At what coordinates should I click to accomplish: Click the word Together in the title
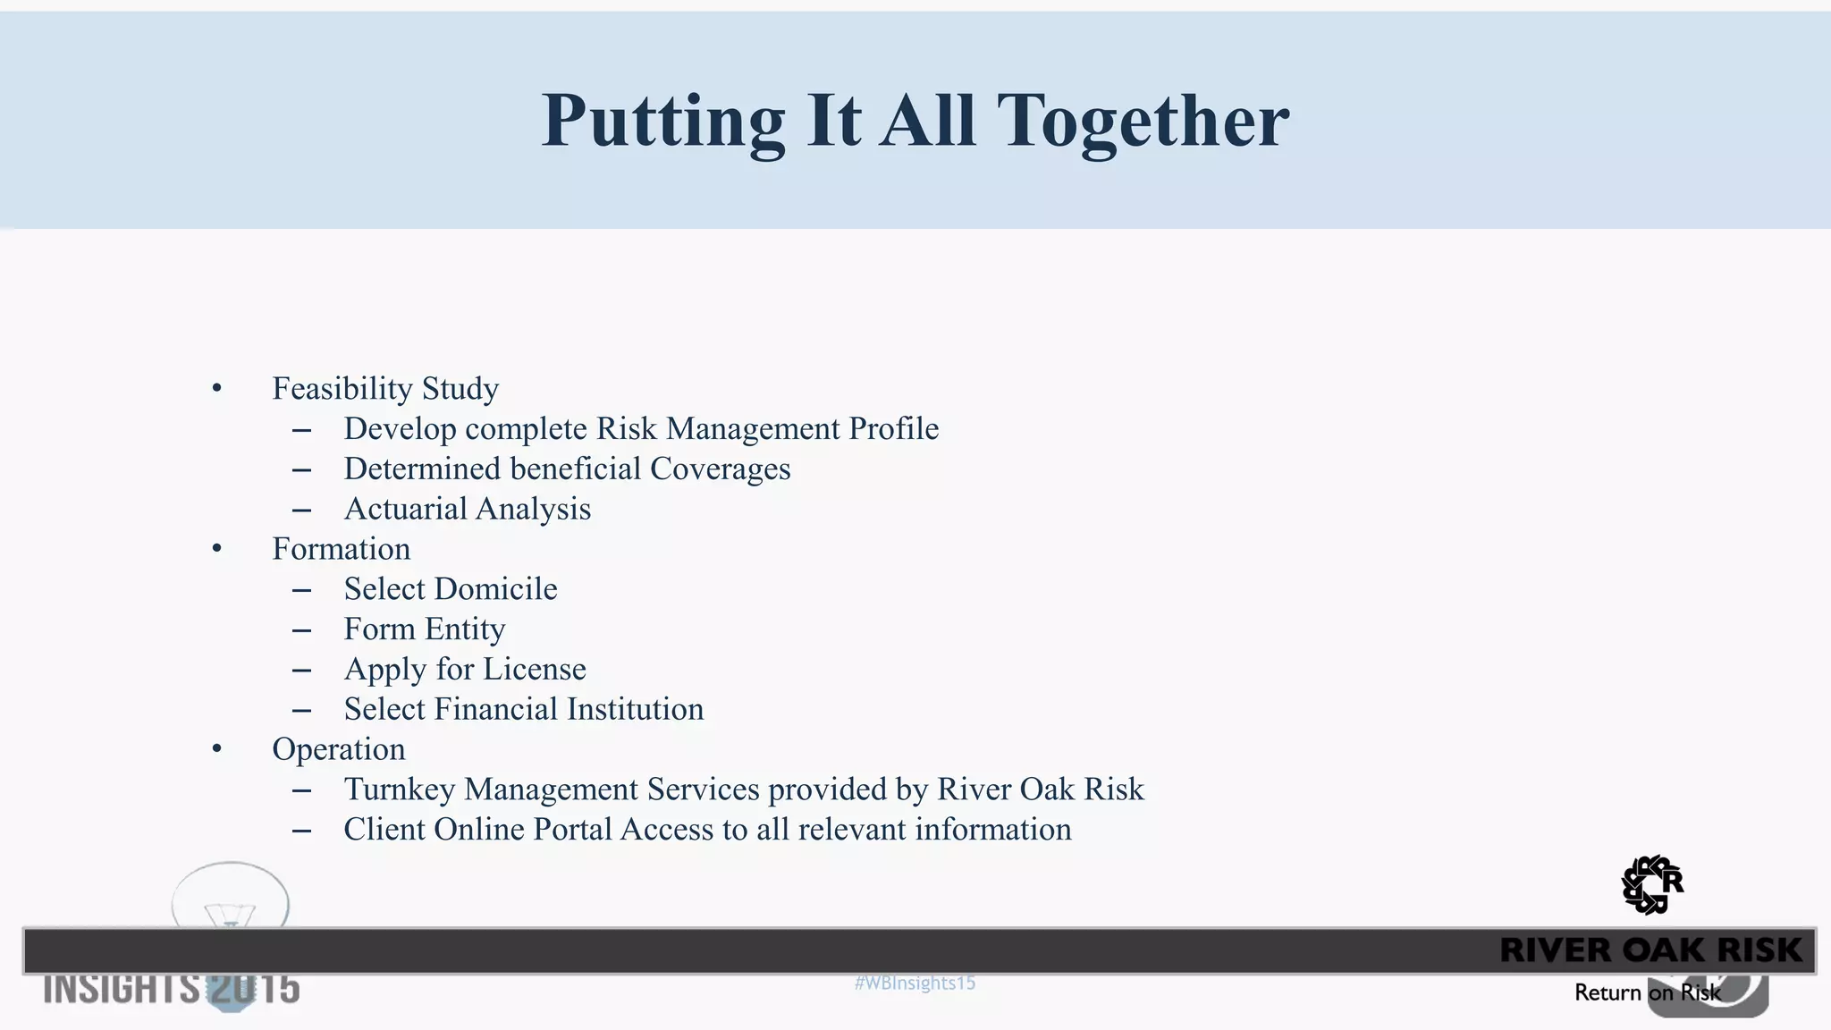pos(1143,121)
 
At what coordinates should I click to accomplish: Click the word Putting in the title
pos(662,121)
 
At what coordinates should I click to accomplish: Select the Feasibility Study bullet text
pos(385,388)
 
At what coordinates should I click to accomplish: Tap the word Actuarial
pos(405,509)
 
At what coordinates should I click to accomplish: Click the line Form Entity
pos(425,629)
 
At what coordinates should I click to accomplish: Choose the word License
pos(535,669)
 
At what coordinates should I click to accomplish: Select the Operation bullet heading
pos(339,749)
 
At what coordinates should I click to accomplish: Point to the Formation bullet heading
pos(342,549)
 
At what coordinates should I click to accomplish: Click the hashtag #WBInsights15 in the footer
pos(915,984)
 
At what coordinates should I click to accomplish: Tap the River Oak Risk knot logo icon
pos(1651,885)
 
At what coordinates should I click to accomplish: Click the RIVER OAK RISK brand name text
pos(1650,950)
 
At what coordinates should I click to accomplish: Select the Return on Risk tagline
pos(1647,992)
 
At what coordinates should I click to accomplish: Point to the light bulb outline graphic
pos(231,897)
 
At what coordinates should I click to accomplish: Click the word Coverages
pos(720,469)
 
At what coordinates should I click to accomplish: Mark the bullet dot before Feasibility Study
pos(216,388)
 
